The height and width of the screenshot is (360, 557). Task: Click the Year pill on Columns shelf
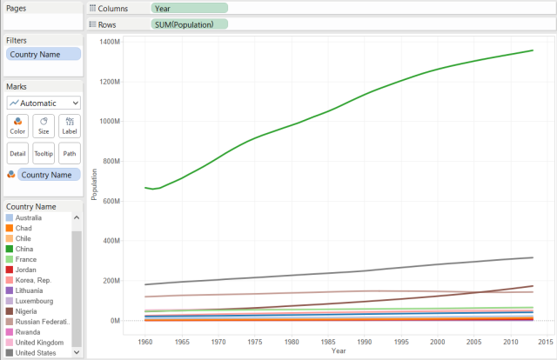pyautogui.click(x=189, y=8)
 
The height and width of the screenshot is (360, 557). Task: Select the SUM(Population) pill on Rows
pyautogui.click(x=189, y=24)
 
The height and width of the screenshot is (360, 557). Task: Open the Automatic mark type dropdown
pyautogui.click(x=44, y=103)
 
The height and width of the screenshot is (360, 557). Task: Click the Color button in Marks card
pyautogui.click(x=17, y=125)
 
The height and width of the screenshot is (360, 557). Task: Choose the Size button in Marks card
pyautogui.click(x=44, y=125)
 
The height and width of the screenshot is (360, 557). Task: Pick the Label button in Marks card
pyautogui.click(x=70, y=125)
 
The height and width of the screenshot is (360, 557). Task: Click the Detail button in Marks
pyautogui.click(x=17, y=153)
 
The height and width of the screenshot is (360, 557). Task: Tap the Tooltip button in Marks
pyautogui.click(x=44, y=153)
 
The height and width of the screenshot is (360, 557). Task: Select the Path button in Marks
pyautogui.click(x=70, y=153)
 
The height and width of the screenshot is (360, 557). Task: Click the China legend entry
pyautogui.click(x=25, y=249)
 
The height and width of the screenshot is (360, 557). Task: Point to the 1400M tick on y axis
pyautogui.click(x=108, y=42)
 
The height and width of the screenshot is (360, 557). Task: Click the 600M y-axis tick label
pyautogui.click(x=110, y=201)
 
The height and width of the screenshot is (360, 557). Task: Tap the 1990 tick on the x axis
pyautogui.click(x=373, y=342)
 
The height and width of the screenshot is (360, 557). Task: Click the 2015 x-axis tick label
pyautogui.click(x=530, y=342)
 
